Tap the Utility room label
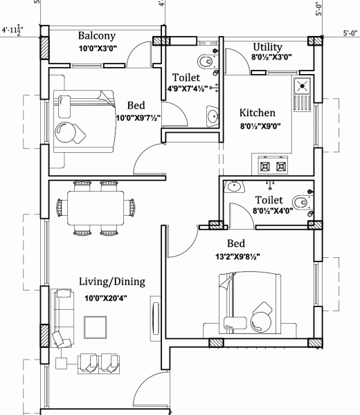click(x=267, y=46)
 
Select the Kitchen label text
click(x=257, y=113)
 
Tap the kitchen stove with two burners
click(x=272, y=166)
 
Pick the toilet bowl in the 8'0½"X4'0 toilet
click(x=299, y=202)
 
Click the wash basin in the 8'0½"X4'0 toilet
click(x=235, y=185)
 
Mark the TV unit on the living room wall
click(x=153, y=320)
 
